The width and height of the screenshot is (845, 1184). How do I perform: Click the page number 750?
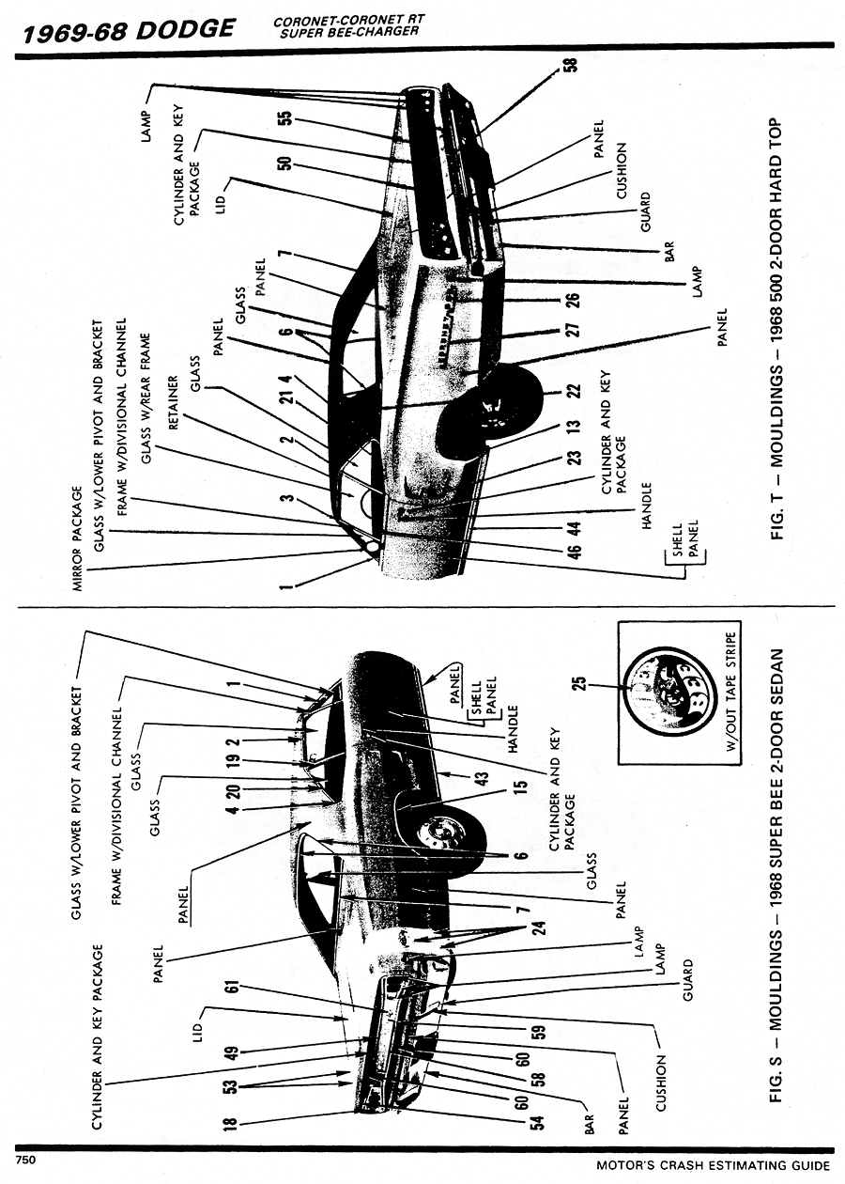[24, 1161]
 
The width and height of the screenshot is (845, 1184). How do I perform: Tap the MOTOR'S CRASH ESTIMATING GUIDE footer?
[714, 1165]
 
